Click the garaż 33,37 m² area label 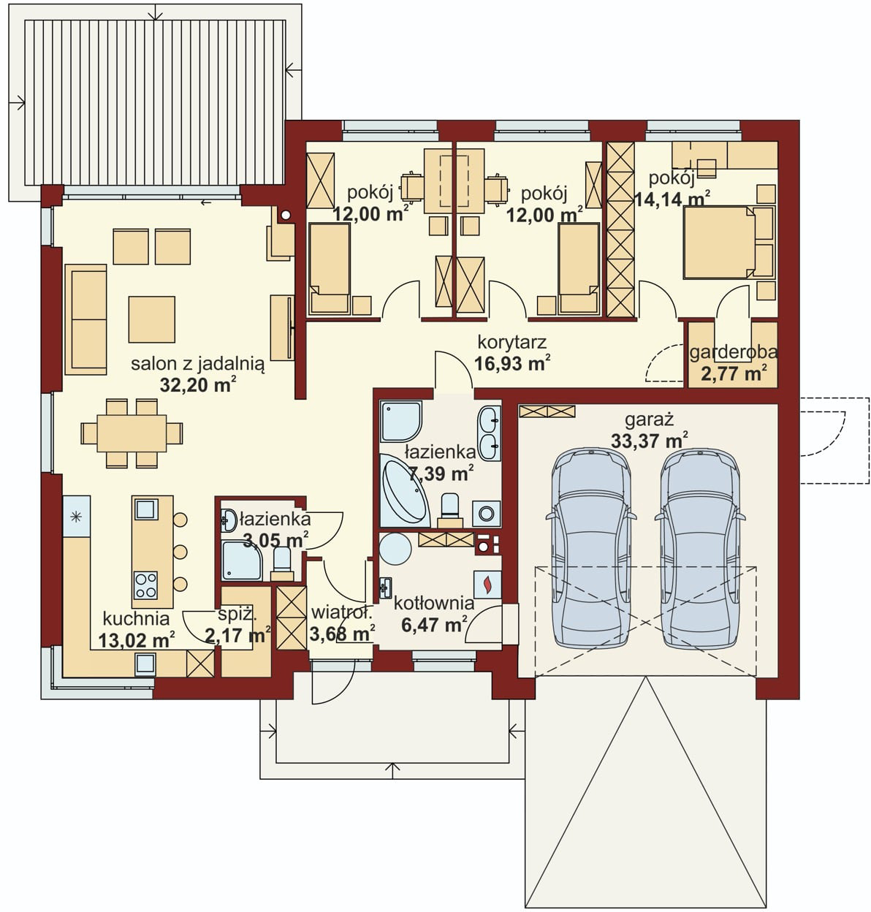650,430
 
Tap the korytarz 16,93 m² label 511,353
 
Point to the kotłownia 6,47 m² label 434,613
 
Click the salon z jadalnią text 198,363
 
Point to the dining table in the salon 132,433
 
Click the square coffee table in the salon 152,319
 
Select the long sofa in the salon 85,319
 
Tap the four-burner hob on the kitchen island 145,585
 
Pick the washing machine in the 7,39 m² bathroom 487,514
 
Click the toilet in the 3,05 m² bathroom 282,565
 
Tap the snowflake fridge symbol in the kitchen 75,517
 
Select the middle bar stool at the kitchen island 180,552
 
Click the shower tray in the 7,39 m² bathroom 400,421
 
